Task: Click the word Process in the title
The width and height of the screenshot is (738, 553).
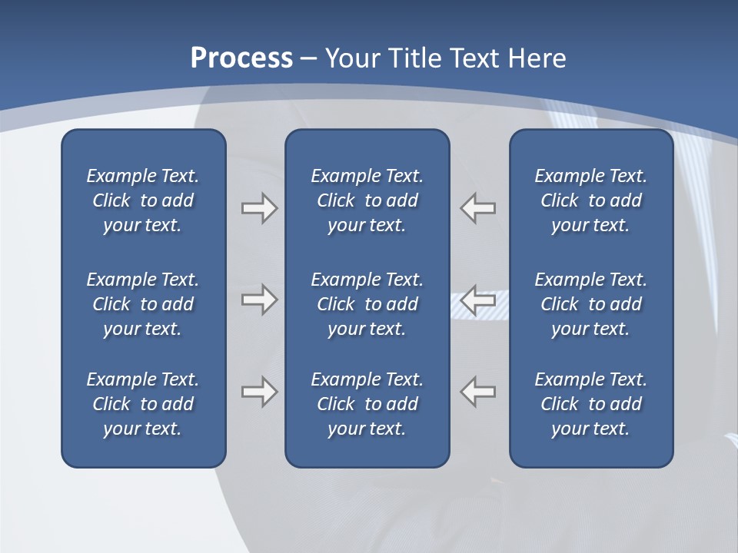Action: [x=241, y=58]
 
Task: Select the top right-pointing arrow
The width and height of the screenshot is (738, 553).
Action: [x=259, y=208]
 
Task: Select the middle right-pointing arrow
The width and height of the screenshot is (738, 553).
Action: [x=259, y=300]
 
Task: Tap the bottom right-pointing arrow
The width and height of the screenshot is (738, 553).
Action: [x=259, y=392]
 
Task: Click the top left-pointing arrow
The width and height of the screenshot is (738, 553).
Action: [x=478, y=208]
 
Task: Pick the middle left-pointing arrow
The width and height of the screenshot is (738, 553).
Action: [x=478, y=300]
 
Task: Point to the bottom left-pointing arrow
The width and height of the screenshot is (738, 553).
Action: [x=478, y=392]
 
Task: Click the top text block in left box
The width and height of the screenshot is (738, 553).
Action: [x=143, y=200]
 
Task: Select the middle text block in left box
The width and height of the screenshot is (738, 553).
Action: [x=143, y=304]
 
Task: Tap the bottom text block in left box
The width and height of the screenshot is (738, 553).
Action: [x=143, y=404]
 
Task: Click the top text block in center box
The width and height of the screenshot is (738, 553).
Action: [x=367, y=200]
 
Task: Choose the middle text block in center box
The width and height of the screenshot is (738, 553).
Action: [x=367, y=304]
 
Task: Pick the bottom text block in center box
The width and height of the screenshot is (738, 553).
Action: [x=367, y=404]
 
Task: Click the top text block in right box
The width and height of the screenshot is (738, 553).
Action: [x=591, y=200]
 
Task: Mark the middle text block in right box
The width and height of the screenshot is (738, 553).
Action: [x=591, y=304]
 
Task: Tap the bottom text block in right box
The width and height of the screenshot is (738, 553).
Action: [x=591, y=404]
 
